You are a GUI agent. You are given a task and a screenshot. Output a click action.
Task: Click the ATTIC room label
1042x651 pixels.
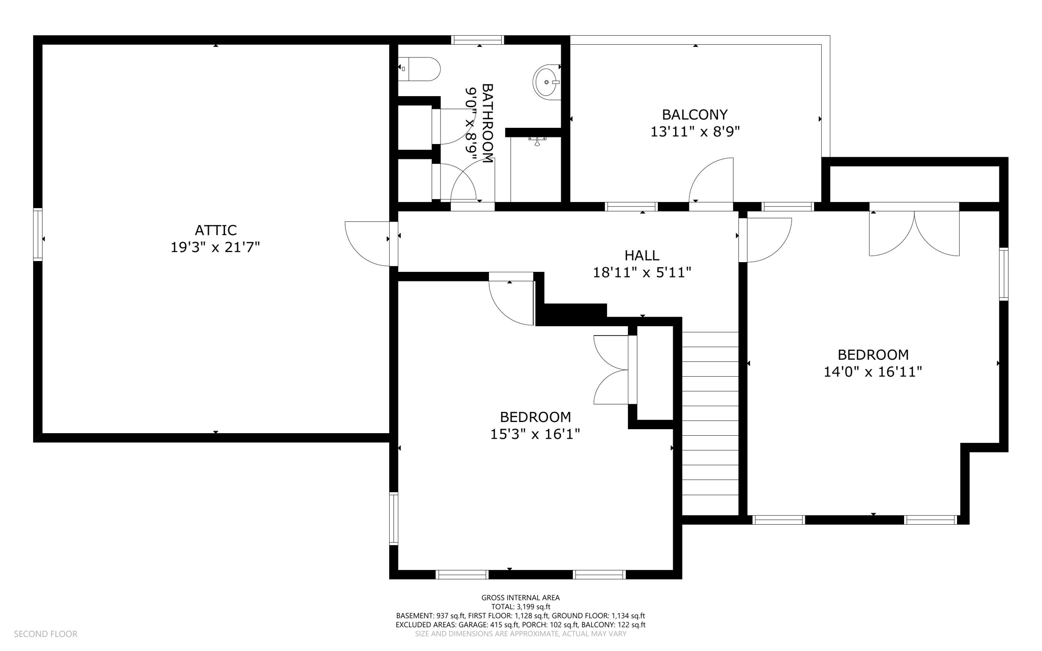(x=215, y=230)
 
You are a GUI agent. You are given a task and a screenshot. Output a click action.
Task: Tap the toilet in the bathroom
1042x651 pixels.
(x=420, y=69)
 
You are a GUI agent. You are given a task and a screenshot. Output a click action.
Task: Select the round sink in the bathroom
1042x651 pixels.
(x=546, y=82)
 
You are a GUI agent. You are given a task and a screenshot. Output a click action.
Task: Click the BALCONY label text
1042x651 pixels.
(x=694, y=115)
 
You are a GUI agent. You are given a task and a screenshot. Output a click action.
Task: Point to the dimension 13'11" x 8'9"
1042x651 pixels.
(x=694, y=132)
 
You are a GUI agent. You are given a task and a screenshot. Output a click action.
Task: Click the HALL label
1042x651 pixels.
(x=642, y=256)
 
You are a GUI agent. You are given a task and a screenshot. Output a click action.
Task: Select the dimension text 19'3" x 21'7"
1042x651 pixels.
(x=215, y=247)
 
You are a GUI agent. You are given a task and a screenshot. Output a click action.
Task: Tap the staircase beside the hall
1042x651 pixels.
(x=710, y=422)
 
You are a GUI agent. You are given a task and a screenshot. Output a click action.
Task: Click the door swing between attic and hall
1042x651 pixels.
(x=367, y=243)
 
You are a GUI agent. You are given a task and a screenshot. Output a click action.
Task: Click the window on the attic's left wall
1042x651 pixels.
(x=38, y=235)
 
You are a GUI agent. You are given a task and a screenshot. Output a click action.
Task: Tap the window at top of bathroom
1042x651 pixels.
(x=478, y=40)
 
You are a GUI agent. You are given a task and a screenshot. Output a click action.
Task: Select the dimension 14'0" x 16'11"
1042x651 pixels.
(x=873, y=372)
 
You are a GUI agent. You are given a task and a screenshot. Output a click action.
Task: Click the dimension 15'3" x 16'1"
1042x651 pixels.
(x=535, y=434)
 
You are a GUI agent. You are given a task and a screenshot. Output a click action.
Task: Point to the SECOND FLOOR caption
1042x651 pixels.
(x=45, y=634)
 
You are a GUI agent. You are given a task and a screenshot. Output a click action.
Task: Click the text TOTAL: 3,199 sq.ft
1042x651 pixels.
(x=520, y=607)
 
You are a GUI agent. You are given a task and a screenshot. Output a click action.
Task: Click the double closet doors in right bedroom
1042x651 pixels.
(x=914, y=233)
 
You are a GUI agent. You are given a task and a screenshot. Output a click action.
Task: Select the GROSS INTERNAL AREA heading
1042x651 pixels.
(x=520, y=598)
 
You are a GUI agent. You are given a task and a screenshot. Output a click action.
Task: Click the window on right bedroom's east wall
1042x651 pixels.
(x=1003, y=274)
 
